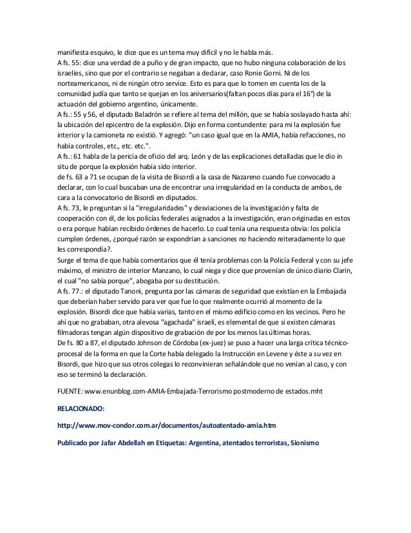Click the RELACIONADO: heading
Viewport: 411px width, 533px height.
pos(81,408)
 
